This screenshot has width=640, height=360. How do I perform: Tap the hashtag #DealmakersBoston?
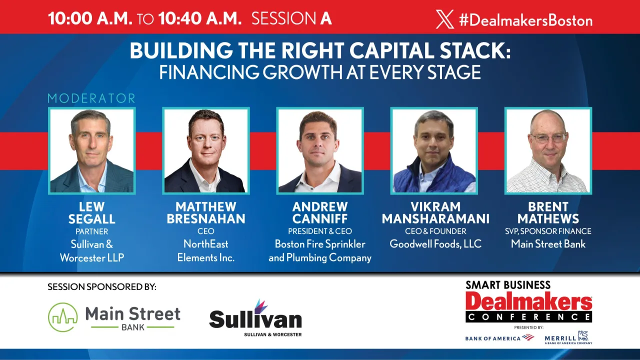point(525,20)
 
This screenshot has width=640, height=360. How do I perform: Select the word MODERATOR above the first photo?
point(91,98)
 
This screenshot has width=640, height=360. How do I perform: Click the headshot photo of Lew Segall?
point(92,150)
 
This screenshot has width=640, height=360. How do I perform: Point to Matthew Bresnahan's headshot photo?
point(205,150)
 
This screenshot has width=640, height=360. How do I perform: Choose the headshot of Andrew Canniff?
point(319,150)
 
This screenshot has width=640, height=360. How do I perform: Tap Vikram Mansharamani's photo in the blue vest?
point(434,150)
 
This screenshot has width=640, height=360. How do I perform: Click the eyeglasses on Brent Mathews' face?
point(548,137)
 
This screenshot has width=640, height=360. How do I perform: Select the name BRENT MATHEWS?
point(548,212)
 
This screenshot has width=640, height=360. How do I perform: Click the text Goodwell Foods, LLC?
point(435,244)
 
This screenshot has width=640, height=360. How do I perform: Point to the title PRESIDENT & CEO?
point(320,231)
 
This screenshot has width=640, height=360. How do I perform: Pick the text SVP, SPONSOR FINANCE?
point(548,231)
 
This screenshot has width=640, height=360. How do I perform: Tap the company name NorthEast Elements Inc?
point(205,250)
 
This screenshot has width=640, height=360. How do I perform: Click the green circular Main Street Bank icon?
point(63,317)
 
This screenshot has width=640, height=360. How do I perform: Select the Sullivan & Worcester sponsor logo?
point(255,318)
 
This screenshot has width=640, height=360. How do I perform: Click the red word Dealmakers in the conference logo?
point(528,301)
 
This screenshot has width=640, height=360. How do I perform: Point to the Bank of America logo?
point(499,338)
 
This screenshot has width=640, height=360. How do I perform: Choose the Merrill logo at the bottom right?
point(568,337)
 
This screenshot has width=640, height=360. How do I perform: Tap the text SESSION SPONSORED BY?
point(102,287)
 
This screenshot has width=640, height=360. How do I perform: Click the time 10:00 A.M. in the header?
point(90,18)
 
